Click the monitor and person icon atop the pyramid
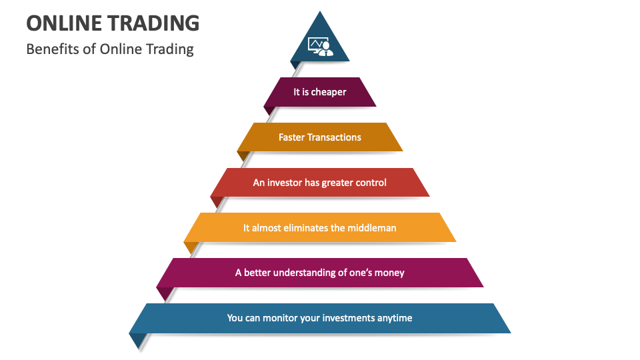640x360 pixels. pos(320,46)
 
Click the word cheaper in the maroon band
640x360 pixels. pos(329,92)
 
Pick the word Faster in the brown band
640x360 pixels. pos(291,137)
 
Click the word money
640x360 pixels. pos(389,273)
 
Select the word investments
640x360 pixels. pos(347,318)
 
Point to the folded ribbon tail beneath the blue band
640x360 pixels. pos(138,339)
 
